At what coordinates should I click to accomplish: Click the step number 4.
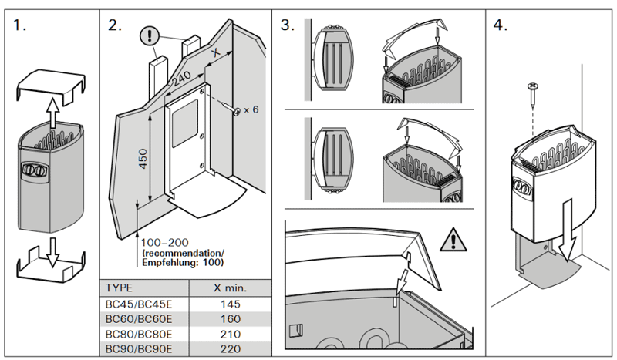(500, 25)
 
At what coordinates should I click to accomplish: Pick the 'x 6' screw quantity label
(250, 109)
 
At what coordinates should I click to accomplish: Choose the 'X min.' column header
(229, 287)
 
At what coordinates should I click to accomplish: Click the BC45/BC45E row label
(138, 304)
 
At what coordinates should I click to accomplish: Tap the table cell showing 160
(229, 320)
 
